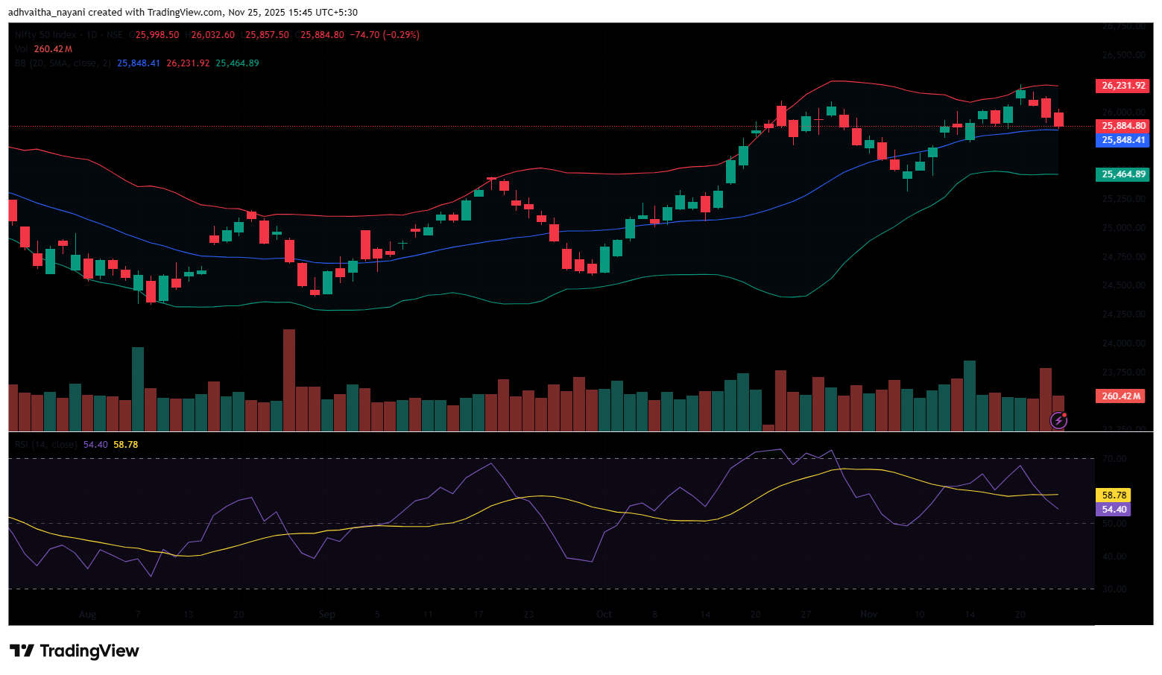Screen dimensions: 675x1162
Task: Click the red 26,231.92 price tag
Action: click(1122, 86)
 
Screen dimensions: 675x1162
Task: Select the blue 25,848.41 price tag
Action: click(1122, 140)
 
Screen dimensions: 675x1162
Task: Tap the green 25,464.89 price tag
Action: click(1122, 174)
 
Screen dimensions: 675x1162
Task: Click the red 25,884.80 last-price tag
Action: click(1122, 126)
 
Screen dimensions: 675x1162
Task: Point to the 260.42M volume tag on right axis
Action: click(1120, 396)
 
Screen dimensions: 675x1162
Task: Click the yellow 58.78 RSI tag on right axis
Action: click(1114, 495)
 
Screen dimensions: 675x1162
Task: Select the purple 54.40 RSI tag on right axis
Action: click(1114, 510)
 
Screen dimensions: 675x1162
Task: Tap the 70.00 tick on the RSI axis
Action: click(1114, 459)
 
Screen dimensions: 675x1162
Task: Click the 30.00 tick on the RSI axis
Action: click(1114, 589)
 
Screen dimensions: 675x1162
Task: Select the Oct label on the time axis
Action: click(604, 615)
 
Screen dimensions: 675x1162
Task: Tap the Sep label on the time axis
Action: click(326, 615)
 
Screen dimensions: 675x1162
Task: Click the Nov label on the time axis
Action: click(868, 615)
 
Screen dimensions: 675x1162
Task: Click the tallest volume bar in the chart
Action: click(288, 380)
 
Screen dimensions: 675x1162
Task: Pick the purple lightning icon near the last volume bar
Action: click(1058, 421)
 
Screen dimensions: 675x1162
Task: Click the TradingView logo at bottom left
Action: click(75, 651)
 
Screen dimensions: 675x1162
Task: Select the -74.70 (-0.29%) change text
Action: click(386, 35)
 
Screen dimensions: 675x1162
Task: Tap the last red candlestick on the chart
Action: click(1058, 119)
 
